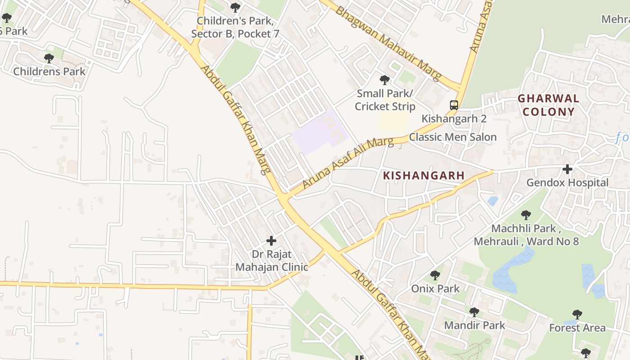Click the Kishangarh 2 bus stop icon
coord(454,105)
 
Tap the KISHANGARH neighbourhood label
coord(423,175)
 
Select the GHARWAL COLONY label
coord(548,105)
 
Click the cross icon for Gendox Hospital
coord(567,169)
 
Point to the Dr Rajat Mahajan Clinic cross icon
coord(271,240)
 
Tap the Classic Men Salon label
coord(453,137)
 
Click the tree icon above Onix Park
coord(435,275)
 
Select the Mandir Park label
coord(474,325)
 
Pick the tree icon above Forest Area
coord(577,314)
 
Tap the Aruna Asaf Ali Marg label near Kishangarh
coord(347,163)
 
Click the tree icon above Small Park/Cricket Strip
coord(385,80)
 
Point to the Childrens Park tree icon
coord(49,58)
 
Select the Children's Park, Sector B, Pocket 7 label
coord(235,27)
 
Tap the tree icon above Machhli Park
coord(526,215)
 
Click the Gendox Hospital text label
coord(567,183)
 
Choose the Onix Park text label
coord(435,288)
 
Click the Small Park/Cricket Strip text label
coord(385,100)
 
